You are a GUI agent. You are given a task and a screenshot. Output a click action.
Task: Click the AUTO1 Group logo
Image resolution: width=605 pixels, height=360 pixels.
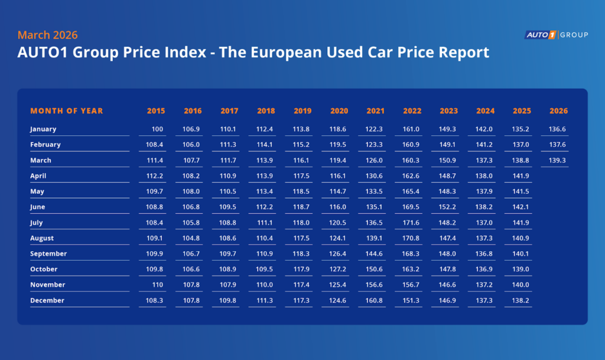pos(557,35)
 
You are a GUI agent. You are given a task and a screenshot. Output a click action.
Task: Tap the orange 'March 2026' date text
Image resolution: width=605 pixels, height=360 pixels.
pos(47,35)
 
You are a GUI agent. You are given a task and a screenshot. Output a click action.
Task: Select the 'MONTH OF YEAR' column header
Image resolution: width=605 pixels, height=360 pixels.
pos(67,111)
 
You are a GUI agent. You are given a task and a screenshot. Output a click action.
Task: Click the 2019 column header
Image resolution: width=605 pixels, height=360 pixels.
pos(302,111)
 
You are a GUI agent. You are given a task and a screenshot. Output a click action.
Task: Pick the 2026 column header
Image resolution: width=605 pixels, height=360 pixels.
pos(558,111)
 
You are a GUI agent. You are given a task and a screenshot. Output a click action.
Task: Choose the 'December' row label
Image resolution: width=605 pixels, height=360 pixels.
pos(47,300)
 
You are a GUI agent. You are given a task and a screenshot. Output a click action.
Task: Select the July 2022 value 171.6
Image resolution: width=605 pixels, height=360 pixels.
pos(412,223)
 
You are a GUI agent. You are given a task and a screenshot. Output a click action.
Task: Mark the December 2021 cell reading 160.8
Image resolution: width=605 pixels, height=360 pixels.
pos(375,300)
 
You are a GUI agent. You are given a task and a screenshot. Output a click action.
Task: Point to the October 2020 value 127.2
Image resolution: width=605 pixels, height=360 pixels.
pos(339,269)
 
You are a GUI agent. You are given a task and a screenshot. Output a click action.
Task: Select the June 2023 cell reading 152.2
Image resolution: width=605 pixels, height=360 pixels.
pos(448,207)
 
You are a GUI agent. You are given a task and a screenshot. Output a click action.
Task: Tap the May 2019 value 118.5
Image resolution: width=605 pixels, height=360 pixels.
pos(302,192)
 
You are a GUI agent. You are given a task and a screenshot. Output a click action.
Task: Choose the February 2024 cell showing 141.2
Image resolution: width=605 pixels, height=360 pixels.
pos(485,144)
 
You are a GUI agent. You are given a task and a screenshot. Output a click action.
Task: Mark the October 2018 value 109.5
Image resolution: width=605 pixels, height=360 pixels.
pos(266,269)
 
